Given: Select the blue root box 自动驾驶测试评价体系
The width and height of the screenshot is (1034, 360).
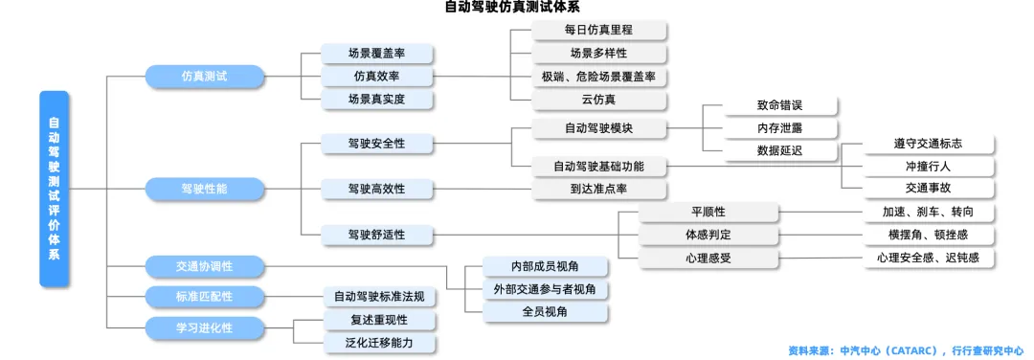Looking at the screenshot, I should [x=54, y=189].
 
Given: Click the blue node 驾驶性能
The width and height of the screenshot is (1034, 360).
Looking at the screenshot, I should [x=204, y=189].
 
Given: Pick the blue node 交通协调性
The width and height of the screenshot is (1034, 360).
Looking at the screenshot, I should [x=204, y=265].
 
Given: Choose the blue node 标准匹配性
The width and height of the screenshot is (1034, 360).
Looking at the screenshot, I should [x=204, y=296].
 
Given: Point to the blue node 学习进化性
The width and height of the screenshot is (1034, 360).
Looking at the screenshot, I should [x=204, y=327].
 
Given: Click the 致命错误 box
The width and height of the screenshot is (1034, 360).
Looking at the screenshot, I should [x=779, y=105].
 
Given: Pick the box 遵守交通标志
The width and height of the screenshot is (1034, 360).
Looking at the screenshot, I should [x=928, y=144].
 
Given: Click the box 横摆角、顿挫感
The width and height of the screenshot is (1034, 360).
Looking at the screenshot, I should [x=928, y=235].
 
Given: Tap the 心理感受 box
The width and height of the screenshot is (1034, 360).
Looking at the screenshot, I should [x=708, y=258].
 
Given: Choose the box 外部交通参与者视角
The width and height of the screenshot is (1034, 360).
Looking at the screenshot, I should [x=544, y=288].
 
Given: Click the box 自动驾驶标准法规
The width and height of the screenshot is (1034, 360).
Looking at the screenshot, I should [x=378, y=296].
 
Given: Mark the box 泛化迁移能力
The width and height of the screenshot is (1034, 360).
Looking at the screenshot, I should [x=378, y=343].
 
